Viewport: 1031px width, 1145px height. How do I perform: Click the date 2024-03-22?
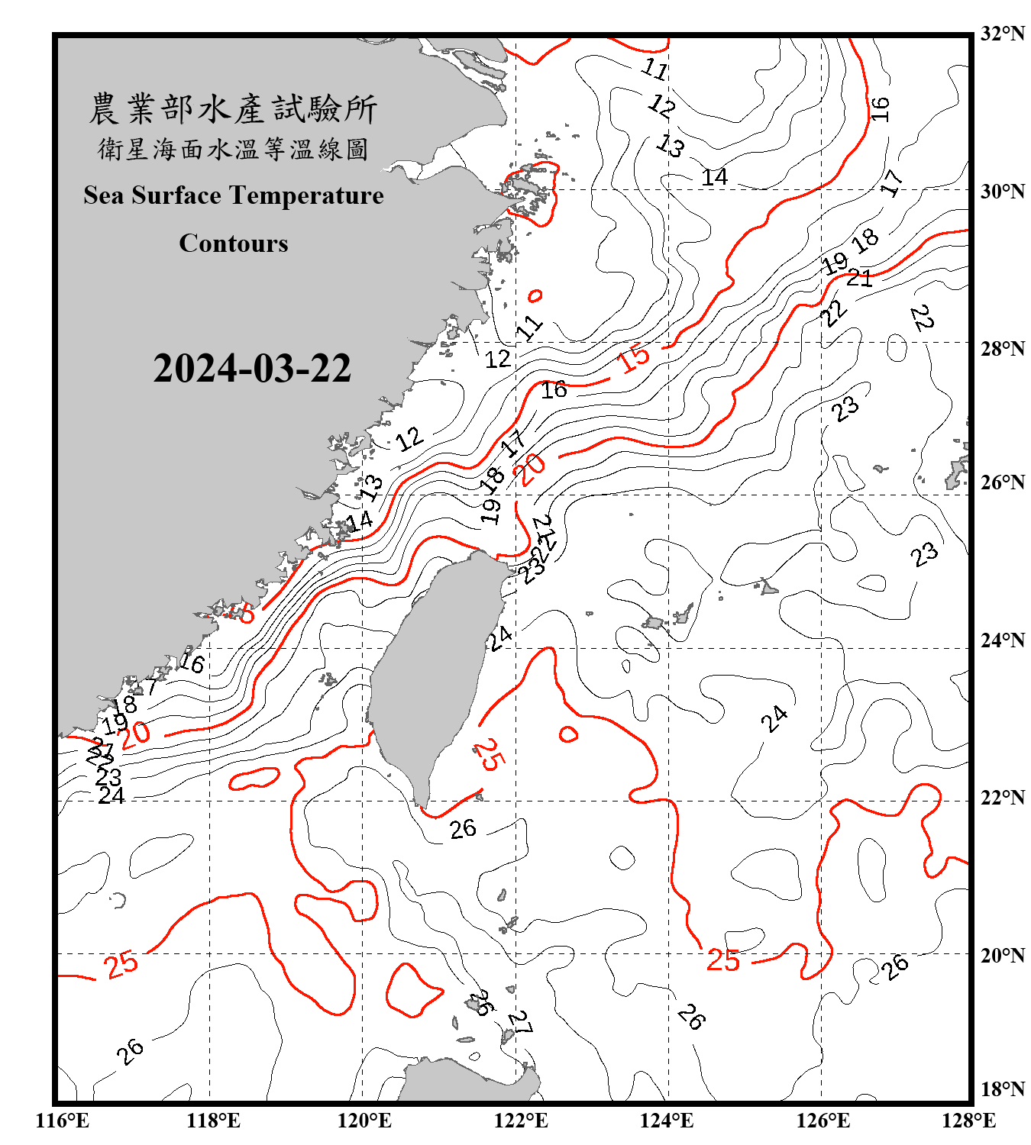(x=252, y=369)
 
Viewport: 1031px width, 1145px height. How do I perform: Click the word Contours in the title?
(x=234, y=244)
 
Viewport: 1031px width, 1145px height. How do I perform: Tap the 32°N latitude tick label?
(x=1002, y=34)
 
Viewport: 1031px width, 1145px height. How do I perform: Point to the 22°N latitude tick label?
(x=1002, y=798)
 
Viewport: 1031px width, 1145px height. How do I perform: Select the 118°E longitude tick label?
(x=213, y=1121)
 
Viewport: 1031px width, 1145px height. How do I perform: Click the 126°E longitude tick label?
(x=823, y=1121)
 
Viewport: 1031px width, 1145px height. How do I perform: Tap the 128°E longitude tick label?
(x=968, y=1121)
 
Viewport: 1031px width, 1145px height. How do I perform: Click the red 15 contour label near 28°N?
(x=634, y=358)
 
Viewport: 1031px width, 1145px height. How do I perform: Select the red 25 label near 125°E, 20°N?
(x=722, y=960)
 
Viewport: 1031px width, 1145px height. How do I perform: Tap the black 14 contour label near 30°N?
(x=715, y=177)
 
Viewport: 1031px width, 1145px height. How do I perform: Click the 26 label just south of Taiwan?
(x=463, y=828)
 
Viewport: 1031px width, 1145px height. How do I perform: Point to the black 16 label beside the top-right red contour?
(x=880, y=108)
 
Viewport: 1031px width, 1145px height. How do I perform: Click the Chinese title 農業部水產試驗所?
(x=233, y=109)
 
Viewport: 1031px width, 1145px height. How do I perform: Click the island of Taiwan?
(x=431, y=672)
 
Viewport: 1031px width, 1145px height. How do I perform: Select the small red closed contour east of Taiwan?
(x=568, y=734)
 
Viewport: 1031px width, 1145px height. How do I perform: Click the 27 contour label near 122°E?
(x=519, y=1022)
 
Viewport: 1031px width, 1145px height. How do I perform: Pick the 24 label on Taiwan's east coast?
(x=500, y=638)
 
